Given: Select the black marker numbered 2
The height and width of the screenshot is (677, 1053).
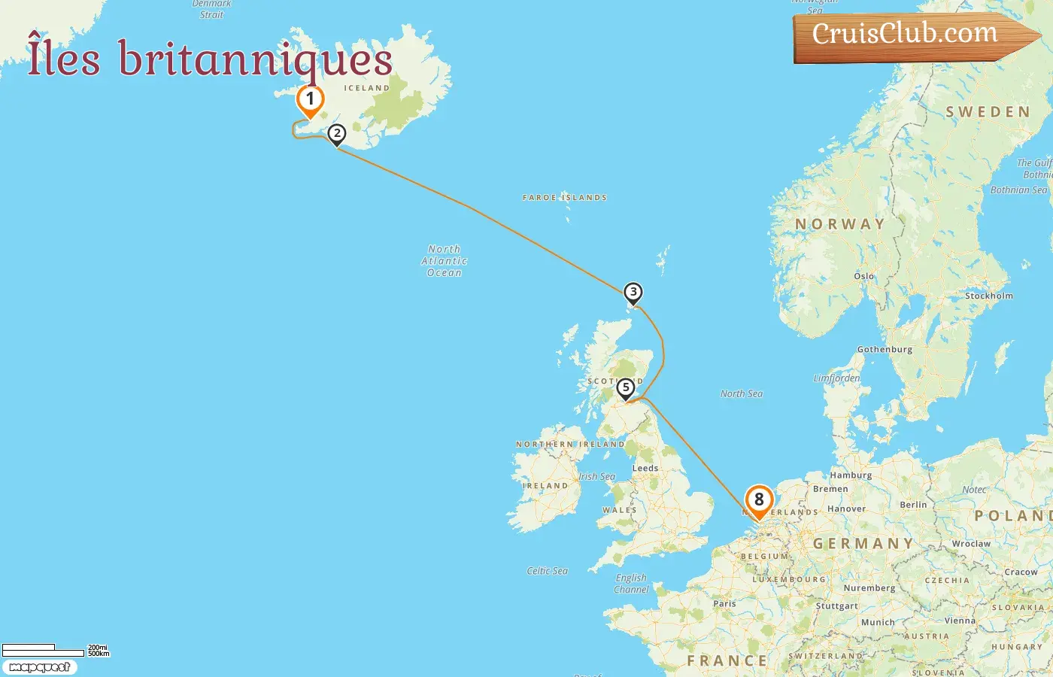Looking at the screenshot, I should point(337,134).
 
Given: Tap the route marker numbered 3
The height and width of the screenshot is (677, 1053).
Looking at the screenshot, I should point(633,292).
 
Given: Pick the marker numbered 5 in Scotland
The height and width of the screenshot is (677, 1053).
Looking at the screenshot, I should point(625,388).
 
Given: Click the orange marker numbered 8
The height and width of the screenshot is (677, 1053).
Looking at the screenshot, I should point(759,499).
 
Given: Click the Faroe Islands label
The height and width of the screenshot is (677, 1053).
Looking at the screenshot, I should point(565,198).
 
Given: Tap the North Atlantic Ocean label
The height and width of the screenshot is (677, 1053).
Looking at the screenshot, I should point(445,261).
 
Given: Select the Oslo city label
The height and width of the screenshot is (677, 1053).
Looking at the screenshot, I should point(864,276).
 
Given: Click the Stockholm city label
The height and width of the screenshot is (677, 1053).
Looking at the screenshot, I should point(989,296).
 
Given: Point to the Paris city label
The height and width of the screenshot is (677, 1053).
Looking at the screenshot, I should point(724,603).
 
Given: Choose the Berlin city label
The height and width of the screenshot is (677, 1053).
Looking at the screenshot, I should point(913,505).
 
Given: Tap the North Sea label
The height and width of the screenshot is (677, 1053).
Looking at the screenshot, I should point(742,393).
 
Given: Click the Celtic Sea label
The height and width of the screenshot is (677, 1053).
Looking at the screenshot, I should point(548,571).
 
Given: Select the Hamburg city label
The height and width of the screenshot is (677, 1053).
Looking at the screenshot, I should point(851,475).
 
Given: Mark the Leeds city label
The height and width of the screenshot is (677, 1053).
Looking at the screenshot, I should point(645,468).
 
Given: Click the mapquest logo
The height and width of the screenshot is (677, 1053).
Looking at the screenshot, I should point(39,667).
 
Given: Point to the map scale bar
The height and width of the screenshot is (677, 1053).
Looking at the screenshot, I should point(43,649).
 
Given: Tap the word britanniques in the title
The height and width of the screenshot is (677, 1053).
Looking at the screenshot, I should point(256,60).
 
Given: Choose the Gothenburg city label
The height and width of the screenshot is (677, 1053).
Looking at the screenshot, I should point(885,349).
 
